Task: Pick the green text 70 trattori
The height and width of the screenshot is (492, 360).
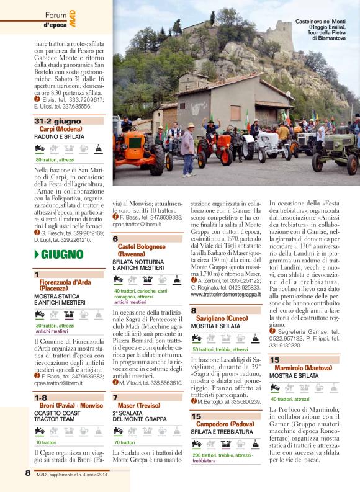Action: point(125,442)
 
